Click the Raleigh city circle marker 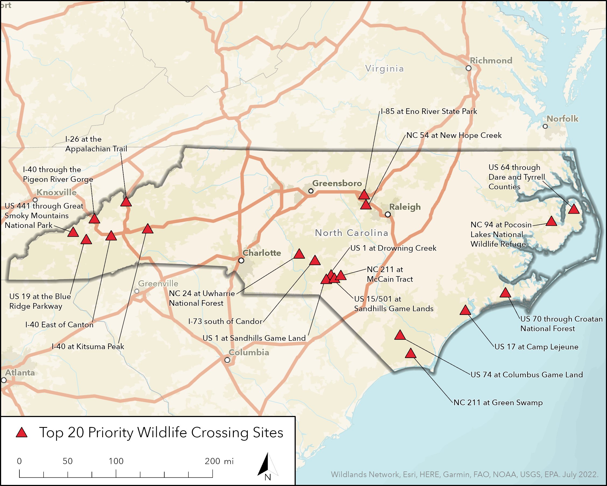[x=388, y=214]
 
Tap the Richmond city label [x=491, y=61]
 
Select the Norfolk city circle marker [x=545, y=126]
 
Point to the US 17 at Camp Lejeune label [x=536, y=347]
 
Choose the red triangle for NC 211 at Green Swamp [x=410, y=354]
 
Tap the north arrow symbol [x=267, y=465]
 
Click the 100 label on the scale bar [x=116, y=461]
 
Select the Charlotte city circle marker [x=241, y=261]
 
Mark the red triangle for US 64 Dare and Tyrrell [x=574, y=210]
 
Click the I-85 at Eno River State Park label [x=429, y=111]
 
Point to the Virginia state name [x=384, y=68]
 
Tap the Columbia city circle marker [x=227, y=360]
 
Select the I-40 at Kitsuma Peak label [x=88, y=346]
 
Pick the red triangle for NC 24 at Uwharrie [x=299, y=254]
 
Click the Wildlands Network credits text [x=465, y=474]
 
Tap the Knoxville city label [x=57, y=192]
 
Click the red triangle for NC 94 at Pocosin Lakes [x=551, y=222]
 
